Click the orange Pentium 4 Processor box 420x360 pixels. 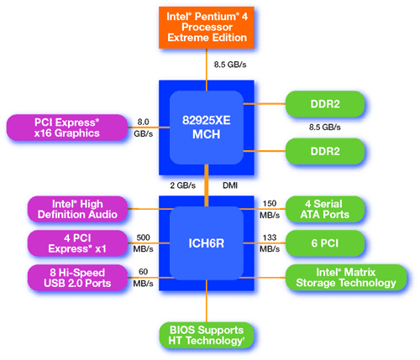click(x=207, y=28)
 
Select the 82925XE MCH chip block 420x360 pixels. click(x=207, y=128)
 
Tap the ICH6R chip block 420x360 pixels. click(x=207, y=243)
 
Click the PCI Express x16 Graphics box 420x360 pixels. click(x=67, y=128)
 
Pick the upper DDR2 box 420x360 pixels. click(x=325, y=104)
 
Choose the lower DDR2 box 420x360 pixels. click(x=325, y=151)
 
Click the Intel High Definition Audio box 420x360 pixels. click(x=77, y=209)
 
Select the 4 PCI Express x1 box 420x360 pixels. click(x=77, y=243)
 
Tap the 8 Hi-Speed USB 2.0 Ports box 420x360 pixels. click(x=77, y=278)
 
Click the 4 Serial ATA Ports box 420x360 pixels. click(x=325, y=209)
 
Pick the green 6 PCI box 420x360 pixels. click(x=325, y=243)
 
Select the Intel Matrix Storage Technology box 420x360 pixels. click(x=346, y=278)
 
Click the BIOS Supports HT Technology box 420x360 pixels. click(x=207, y=336)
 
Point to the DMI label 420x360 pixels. click(x=230, y=185)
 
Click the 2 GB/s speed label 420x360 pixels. click(x=183, y=185)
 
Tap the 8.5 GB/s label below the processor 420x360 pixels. click(x=230, y=65)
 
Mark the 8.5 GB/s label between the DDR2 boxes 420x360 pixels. click(x=325, y=128)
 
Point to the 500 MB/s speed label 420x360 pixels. click(x=143, y=243)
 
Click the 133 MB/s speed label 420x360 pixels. click(x=270, y=243)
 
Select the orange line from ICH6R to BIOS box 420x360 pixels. click(x=207, y=301)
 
